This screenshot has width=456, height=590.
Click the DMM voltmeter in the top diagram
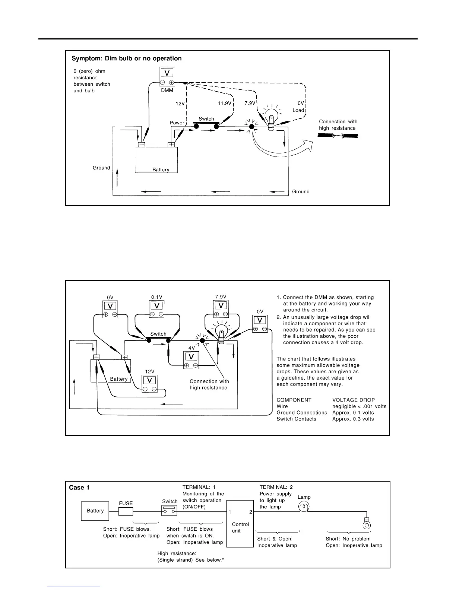(167, 77)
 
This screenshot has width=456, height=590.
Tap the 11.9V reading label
(225, 103)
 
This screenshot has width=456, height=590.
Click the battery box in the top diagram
(156, 159)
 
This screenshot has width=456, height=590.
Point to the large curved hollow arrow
(283, 149)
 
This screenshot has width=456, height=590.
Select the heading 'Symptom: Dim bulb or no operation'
(127, 58)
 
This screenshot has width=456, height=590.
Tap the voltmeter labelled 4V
(191, 360)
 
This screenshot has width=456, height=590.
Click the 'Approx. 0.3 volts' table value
(353, 419)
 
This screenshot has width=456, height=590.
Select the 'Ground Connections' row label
(302, 413)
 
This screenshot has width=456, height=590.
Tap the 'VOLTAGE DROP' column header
(354, 400)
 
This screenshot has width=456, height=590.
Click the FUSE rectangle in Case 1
(126, 511)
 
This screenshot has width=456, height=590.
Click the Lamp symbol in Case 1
(304, 507)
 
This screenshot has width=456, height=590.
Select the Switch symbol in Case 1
(170, 510)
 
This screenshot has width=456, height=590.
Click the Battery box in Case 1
(95, 511)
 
